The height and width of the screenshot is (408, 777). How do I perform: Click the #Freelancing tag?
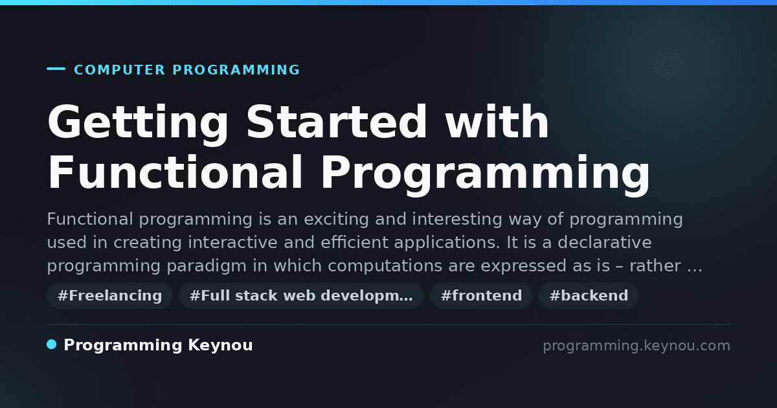109,295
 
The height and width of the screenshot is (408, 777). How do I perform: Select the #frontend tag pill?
481,295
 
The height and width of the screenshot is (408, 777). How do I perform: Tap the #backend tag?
589,295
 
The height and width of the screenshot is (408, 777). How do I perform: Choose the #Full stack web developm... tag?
301,295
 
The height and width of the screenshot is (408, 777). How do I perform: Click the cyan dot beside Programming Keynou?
52,345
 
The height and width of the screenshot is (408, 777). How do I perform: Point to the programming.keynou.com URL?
636,346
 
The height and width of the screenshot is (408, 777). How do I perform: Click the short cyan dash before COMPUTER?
56,69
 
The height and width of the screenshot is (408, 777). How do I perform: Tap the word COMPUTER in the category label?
119,70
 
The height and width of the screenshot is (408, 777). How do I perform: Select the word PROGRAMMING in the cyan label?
236,70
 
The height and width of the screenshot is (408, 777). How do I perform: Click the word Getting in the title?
138,124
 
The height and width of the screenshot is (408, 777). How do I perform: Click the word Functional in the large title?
175,172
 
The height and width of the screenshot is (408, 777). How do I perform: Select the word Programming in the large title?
485,174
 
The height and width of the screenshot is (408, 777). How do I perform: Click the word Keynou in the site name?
220,345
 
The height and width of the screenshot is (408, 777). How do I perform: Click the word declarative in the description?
605,242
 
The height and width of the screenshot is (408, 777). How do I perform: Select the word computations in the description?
385,266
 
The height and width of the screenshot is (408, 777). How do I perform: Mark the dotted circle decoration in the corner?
670,65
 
